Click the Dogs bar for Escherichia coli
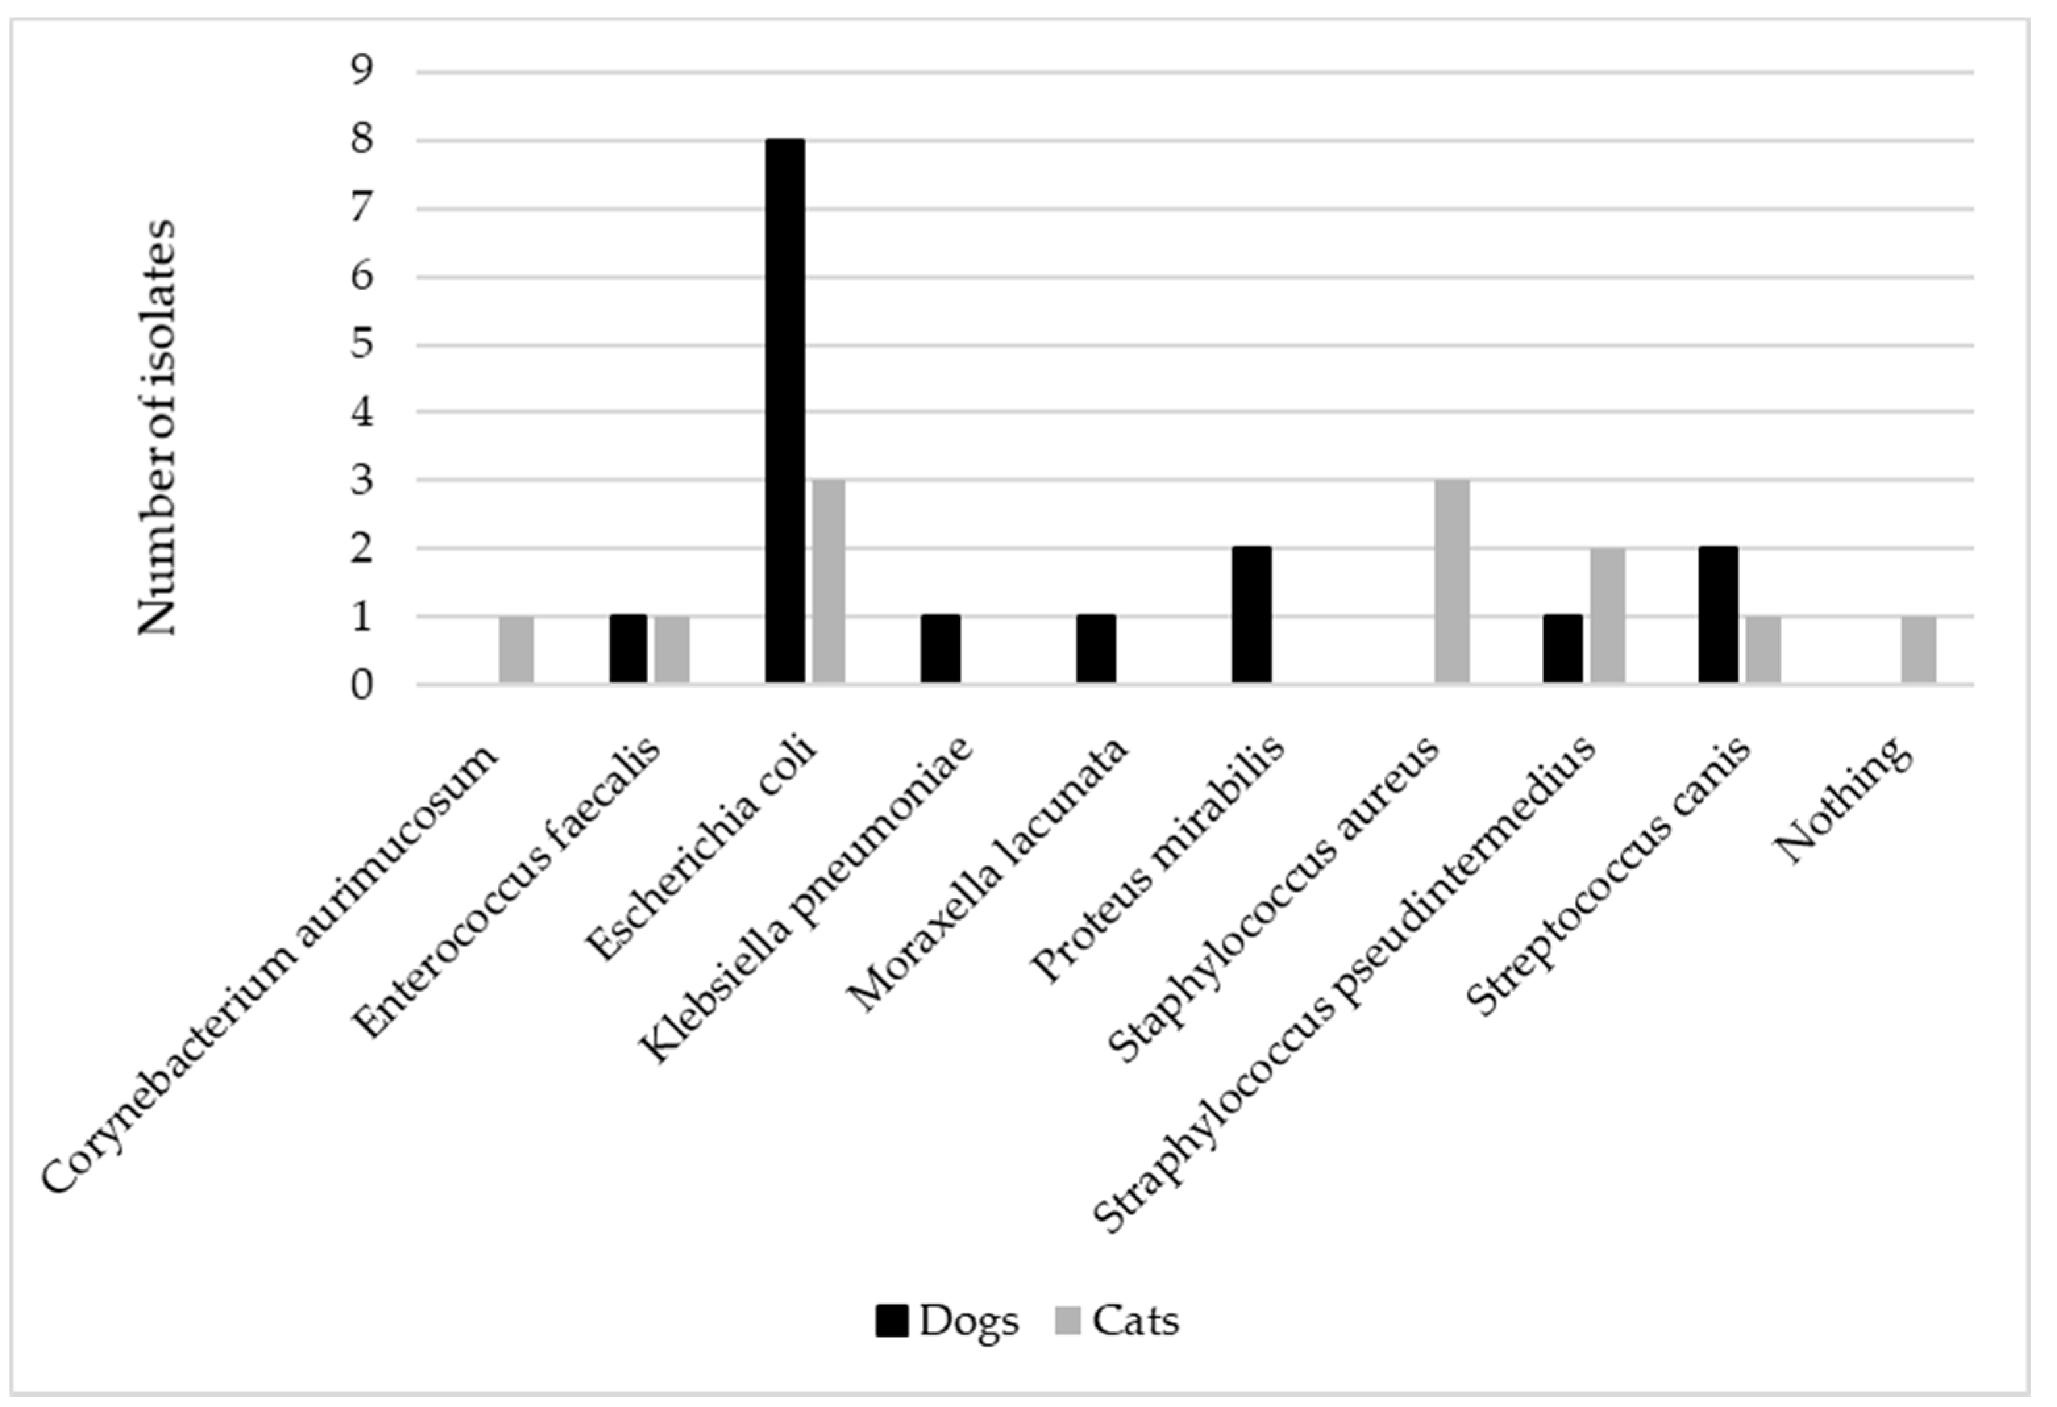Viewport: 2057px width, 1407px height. tap(785, 411)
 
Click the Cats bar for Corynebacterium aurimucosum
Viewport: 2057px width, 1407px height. tap(517, 650)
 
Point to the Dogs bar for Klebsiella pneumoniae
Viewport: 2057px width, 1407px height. tap(940, 650)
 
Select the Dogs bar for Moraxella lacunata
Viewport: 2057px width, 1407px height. tap(1096, 650)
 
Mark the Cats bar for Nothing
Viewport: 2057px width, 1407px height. tap(1919, 650)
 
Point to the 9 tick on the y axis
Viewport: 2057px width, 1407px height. tap(362, 71)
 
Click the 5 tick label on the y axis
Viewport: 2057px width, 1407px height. tap(362, 344)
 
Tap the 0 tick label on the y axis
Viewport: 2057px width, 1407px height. tap(362, 685)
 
